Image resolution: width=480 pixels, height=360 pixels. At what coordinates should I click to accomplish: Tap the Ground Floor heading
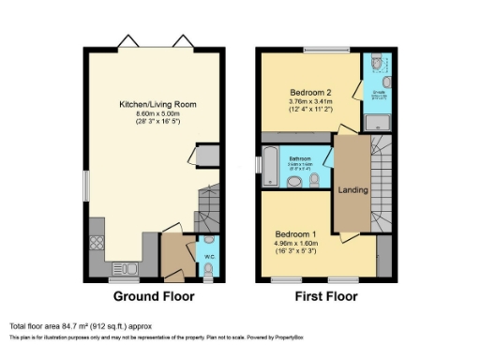(x=154, y=296)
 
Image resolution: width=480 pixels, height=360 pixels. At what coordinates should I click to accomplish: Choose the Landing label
(x=353, y=190)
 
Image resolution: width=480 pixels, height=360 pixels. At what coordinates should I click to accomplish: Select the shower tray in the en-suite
(x=379, y=120)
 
